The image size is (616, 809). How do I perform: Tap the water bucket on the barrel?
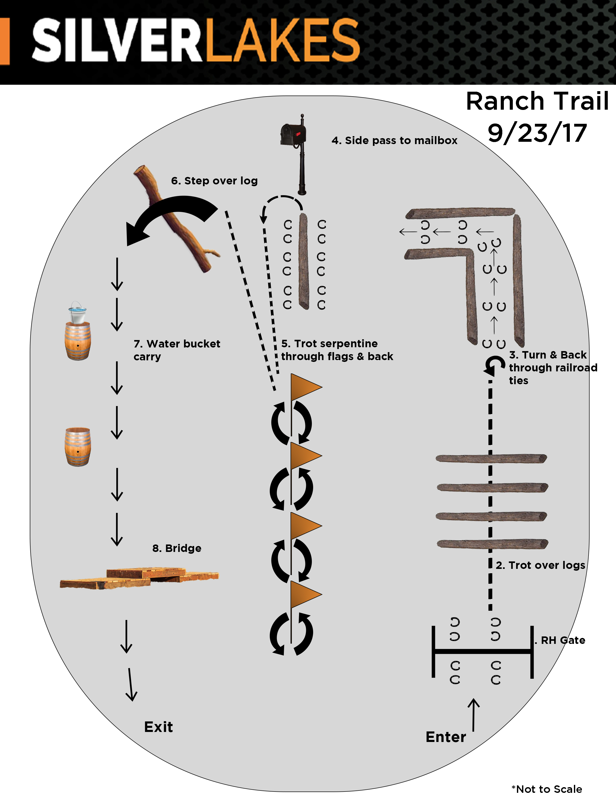(x=77, y=313)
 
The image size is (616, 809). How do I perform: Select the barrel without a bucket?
(x=78, y=447)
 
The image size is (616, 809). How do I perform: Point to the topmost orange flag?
(x=306, y=387)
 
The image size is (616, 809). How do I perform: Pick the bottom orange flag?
(x=306, y=594)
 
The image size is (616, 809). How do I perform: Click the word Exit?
(x=158, y=727)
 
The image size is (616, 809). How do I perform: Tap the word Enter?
(x=446, y=737)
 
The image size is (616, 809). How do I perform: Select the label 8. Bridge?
(x=177, y=548)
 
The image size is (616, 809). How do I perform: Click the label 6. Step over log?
(x=215, y=181)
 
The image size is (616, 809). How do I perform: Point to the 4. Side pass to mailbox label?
(x=394, y=140)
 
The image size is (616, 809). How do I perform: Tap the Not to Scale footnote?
(x=547, y=789)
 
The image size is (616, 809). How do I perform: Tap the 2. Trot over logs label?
(x=541, y=565)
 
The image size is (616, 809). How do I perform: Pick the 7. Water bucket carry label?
(x=177, y=350)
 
